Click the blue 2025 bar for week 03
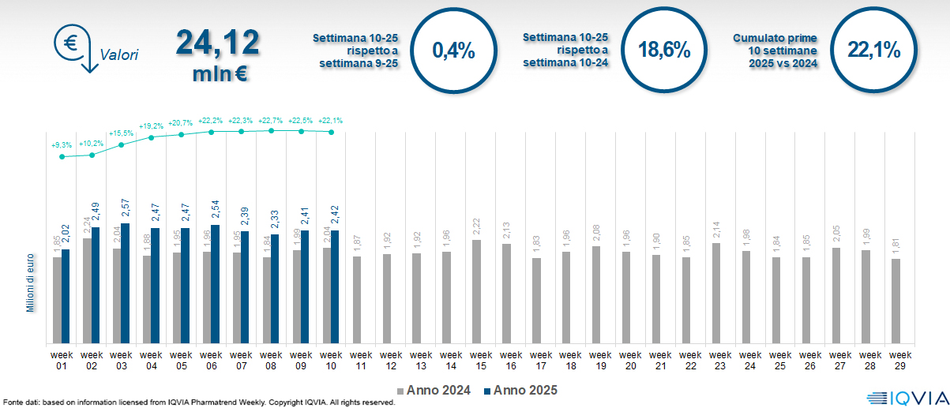pos(125,283)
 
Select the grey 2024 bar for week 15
pos(476,291)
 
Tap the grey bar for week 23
pos(715,293)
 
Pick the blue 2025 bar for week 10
pos(335,286)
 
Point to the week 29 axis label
pos(896,360)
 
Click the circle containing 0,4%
pos(454,51)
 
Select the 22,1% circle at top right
pos(873,51)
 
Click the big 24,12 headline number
pos(218,42)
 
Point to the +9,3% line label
pos(62,146)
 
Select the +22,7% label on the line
pos(272,121)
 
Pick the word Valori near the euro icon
pos(118,55)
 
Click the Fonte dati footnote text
pos(197,402)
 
